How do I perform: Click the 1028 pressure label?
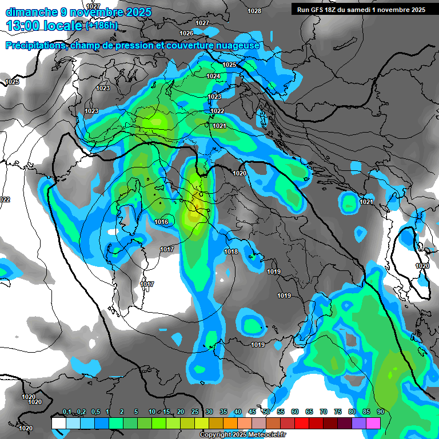pyautogui.click(x=254, y=11)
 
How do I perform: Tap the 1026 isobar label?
pyautogui.click(x=186, y=33)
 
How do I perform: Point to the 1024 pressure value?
pyautogui.click(x=213, y=76)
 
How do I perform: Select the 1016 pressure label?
pyautogui.click(x=161, y=222)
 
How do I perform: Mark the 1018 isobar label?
pyautogui.click(x=231, y=252)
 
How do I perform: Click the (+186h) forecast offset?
pyautogui.click(x=101, y=26)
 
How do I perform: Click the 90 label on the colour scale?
pyautogui.click(x=380, y=412)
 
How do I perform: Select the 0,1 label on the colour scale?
pyautogui.click(x=67, y=412)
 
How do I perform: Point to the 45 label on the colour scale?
pyautogui.click(x=252, y=412)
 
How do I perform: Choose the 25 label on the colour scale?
pyautogui.click(x=195, y=412)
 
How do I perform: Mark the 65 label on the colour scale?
pyautogui.click(x=309, y=412)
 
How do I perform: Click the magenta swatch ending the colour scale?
pyautogui.click(x=373, y=423)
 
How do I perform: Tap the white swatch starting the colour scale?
pyautogui.click(x=58, y=423)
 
